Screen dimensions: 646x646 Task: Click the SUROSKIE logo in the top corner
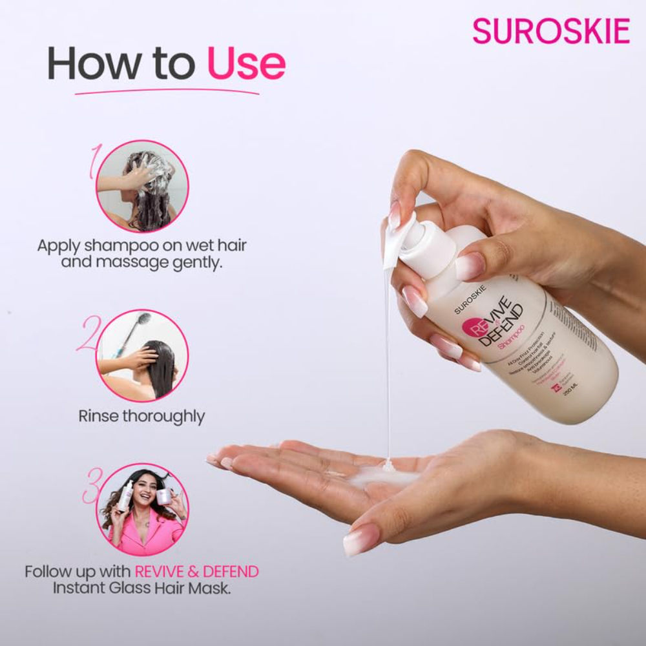click(550, 32)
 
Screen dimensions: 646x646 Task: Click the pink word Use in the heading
click(245, 64)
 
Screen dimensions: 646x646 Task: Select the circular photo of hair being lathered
click(142, 187)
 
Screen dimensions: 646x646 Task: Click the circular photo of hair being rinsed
click(142, 355)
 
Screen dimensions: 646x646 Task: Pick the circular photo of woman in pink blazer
click(142, 510)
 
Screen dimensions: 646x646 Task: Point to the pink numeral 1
click(95, 161)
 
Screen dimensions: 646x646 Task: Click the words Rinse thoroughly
click(141, 415)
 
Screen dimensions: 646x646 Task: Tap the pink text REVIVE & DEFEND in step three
click(196, 572)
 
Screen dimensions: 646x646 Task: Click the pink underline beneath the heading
click(167, 92)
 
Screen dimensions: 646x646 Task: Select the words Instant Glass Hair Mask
click(141, 589)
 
